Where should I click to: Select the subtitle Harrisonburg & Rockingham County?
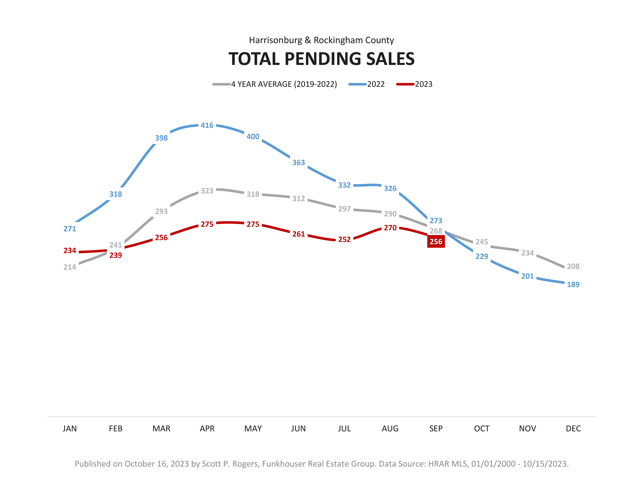(x=321, y=40)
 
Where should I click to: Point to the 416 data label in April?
(x=207, y=125)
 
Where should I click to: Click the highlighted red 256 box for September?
(x=436, y=242)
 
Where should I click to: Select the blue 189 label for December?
(x=573, y=284)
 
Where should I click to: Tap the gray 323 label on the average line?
(x=207, y=191)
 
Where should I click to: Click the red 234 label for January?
(x=70, y=250)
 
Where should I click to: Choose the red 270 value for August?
(x=390, y=228)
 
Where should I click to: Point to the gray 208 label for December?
(x=573, y=266)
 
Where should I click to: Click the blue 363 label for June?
(x=298, y=163)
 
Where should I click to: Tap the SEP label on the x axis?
(x=436, y=429)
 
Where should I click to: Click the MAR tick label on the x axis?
(x=161, y=429)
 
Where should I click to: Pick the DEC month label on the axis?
(x=573, y=429)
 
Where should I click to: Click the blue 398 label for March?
(x=161, y=138)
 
